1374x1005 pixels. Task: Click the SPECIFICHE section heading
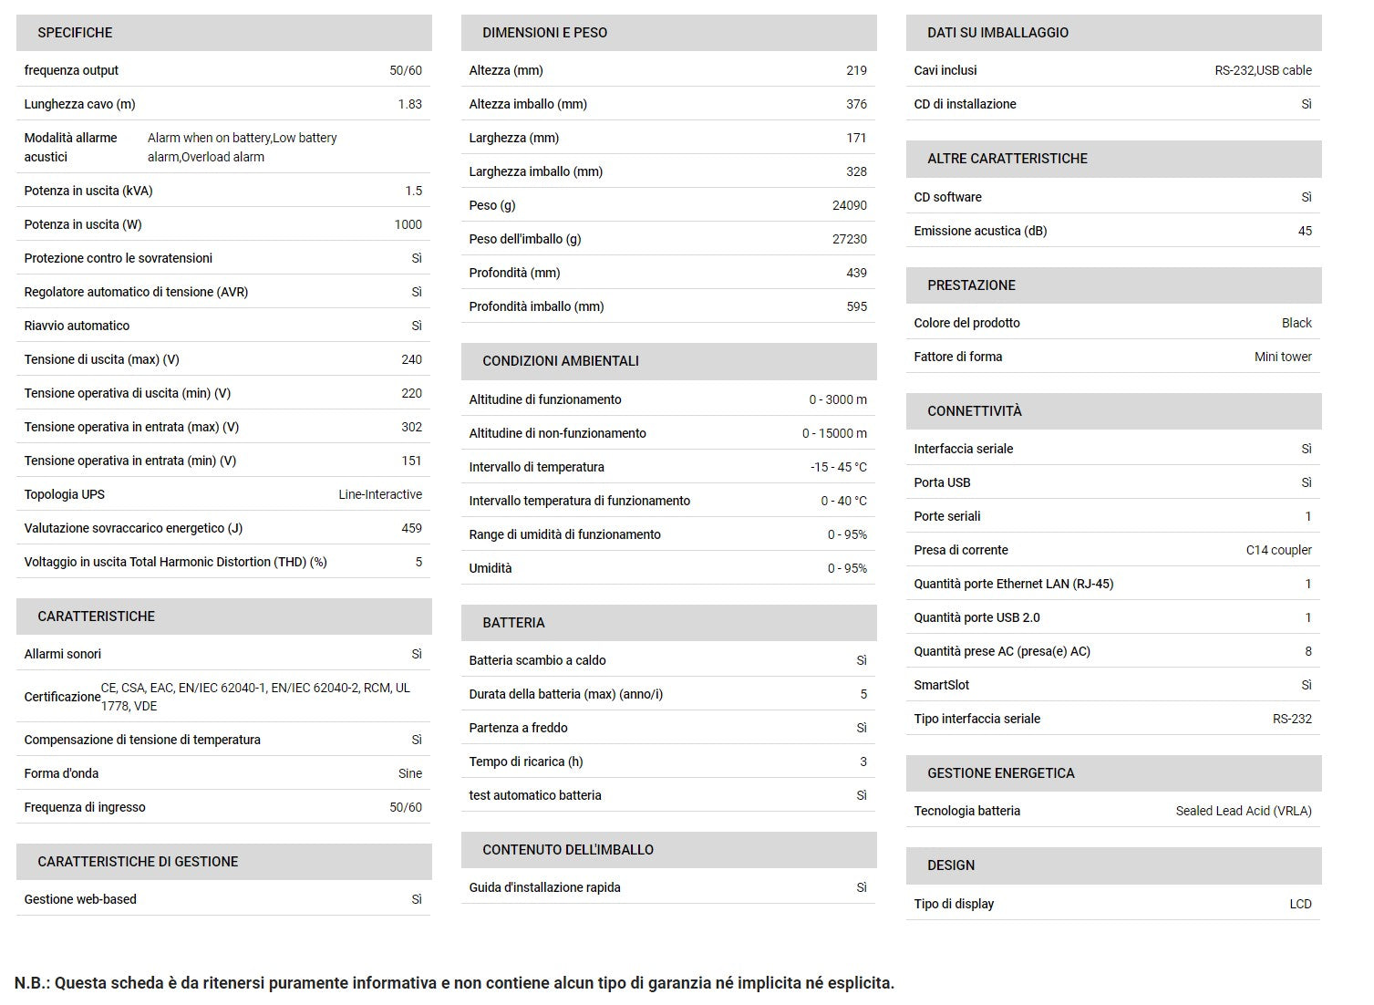pyautogui.click(x=75, y=33)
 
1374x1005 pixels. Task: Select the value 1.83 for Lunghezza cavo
pyautogui.click(x=409, y=104)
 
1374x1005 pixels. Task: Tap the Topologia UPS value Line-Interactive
pyautogui.click(x=379, y=494)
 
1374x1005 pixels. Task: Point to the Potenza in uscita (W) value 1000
pyautogui.click(x=408, y=224)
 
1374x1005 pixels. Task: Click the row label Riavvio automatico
pyautogui.click(x=77, y=326)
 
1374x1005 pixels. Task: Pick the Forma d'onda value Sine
pyautogui.click(x=409, y=773)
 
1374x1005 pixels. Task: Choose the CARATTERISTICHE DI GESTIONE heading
pyautogui.click(x=138, y=862)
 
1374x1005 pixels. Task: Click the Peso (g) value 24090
pyautogui.click(x=849, y=205)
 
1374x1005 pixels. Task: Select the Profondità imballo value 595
pyautogui.click(x=856, y=306)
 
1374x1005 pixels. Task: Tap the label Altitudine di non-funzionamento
pyautogui.click(x=557, y=433)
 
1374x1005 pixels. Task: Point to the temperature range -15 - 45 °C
pyautogui.click(x=838, y=467)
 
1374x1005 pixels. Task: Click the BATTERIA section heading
pyautogui.click(x=513, y=623)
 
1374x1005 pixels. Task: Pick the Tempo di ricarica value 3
pyautogui.click(x=863, y=762)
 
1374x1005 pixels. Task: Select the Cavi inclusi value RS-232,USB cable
pyautogui.click(x=1263, y=70)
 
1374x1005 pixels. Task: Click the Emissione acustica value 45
pyautogui.click(x=1305, y=231)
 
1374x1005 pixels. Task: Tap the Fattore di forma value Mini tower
pyautogui.click(x=1283, y=357)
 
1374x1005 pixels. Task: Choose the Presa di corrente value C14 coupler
pyautogui.click(x=1278, y=550)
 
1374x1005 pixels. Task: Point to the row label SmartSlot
pyautogui.click(x=941, y=685)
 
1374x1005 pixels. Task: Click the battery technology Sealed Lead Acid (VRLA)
pyautogui.click(x=1243, y=811)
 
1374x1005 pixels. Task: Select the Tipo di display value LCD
pyautogui.click(x=1300, y=904)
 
